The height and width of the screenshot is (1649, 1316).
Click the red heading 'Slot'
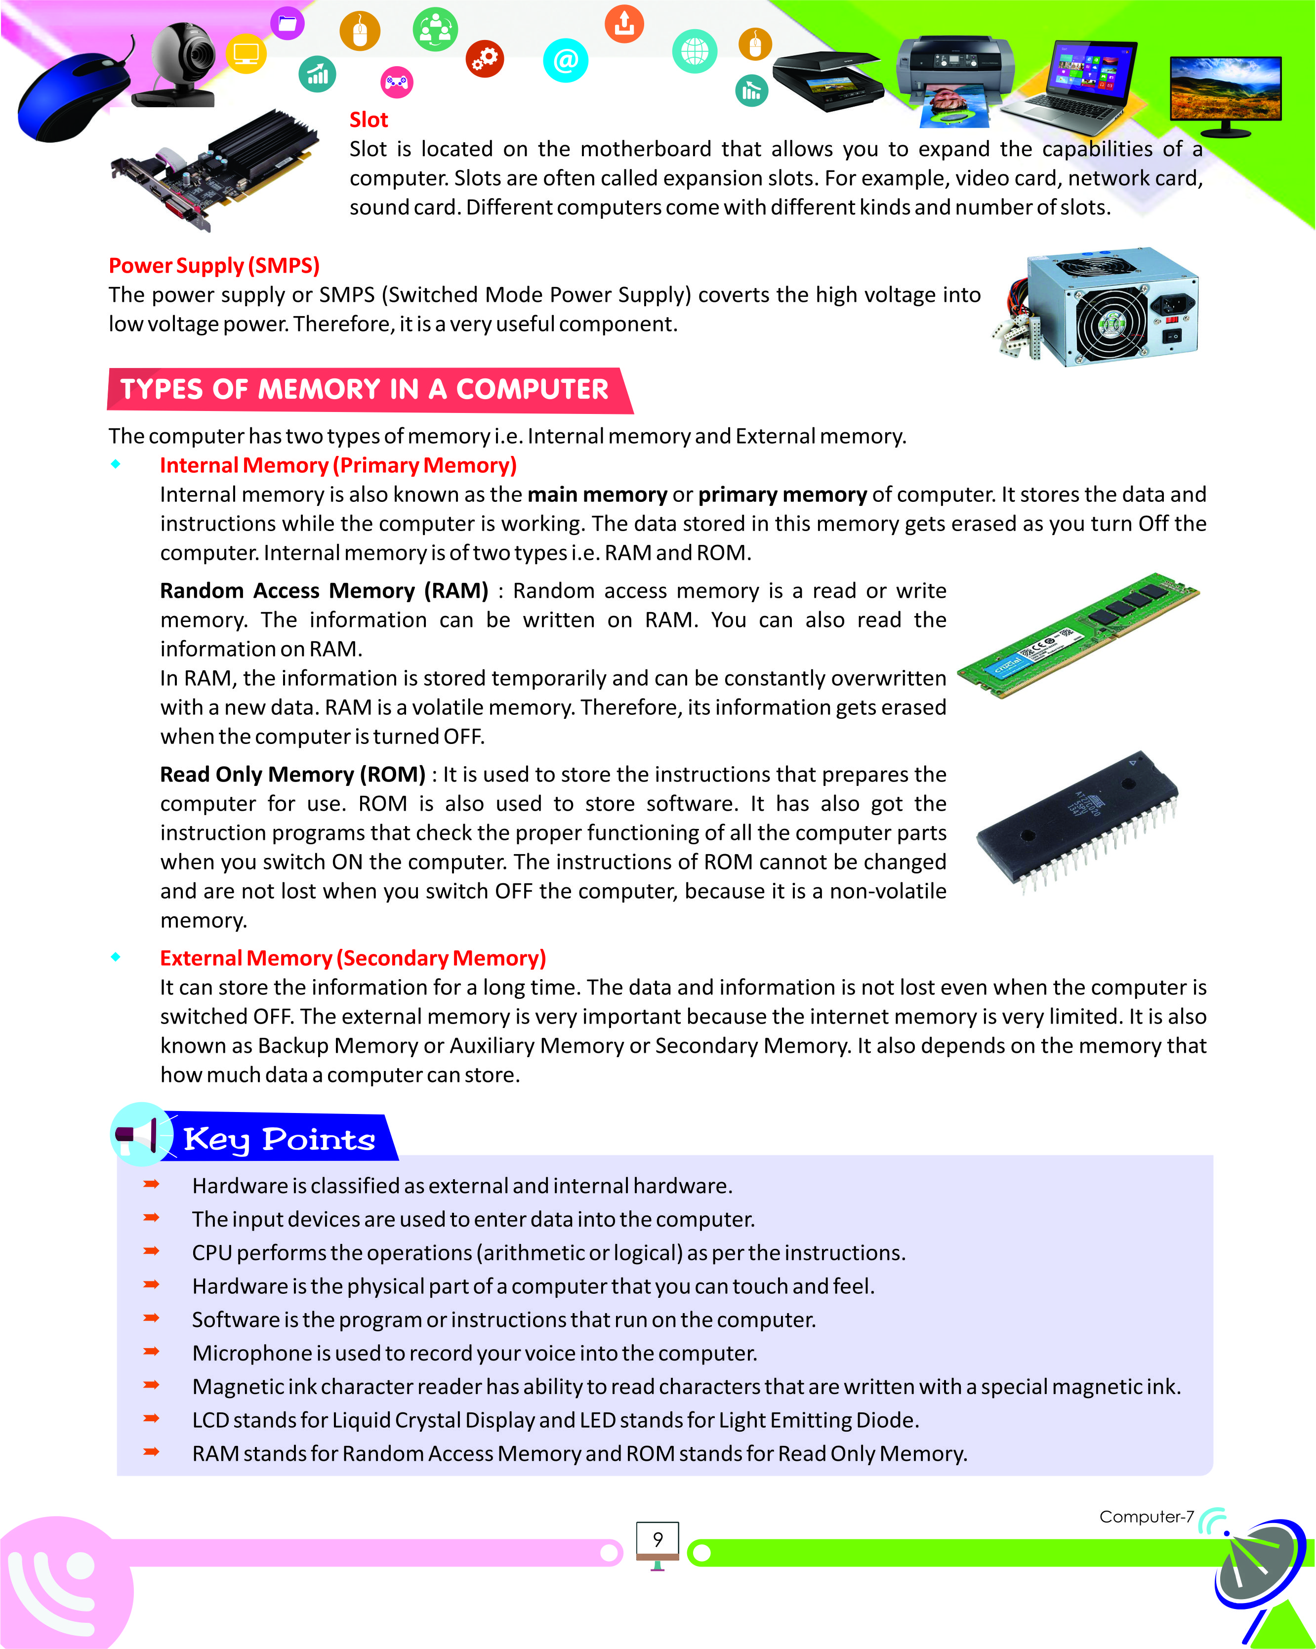[369, 120]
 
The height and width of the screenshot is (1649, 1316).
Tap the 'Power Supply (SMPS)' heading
[214, 265]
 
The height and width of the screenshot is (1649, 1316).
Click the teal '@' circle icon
[565, 60]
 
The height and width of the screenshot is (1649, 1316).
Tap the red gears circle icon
[485, 59]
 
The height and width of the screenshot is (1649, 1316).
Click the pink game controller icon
[396, 82]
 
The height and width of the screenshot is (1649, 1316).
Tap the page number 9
[658, 1539]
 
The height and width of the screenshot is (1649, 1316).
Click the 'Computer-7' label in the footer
[1146, 1516]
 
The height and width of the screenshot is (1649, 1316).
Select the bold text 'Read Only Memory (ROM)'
[292, 774]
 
